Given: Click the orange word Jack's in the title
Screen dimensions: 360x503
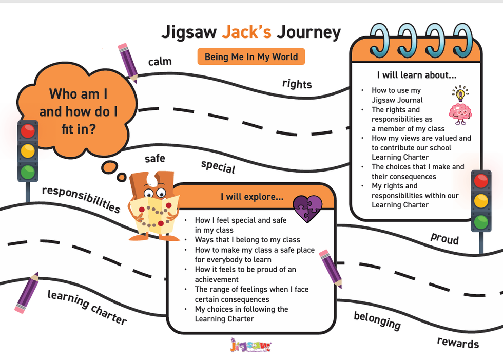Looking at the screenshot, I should click(246, 32).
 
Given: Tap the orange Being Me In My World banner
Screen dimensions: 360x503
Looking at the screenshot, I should click(251, 56).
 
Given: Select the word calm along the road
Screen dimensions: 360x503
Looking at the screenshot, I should click(160, 62).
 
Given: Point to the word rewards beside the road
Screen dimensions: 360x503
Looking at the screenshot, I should click(458, 343).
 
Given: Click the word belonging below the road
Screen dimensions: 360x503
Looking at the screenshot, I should click(377, 320).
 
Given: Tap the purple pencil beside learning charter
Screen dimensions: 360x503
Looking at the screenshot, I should click(26, 292).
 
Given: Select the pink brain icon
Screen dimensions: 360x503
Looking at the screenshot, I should click(460, 113).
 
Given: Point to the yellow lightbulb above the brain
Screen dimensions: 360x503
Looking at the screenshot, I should click(460, 93).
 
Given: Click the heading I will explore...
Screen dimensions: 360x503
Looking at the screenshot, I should click(252, 197).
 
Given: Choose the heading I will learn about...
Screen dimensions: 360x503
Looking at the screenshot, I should click(416, 75).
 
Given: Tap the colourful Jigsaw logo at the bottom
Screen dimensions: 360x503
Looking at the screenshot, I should click(250, 346).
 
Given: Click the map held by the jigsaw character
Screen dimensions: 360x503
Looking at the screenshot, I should click(153, 213).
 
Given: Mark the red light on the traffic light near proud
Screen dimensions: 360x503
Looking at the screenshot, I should click(480, 181).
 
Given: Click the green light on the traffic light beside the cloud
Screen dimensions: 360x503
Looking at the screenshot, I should click(28, 171).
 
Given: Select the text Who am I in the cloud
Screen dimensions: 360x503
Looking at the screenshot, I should click(78, 94).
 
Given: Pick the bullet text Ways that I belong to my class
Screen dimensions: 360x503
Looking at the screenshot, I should click(247, 240).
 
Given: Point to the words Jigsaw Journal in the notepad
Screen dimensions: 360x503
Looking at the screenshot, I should click(397, 100).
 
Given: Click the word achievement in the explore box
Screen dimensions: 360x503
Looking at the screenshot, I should click(217, 279).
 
